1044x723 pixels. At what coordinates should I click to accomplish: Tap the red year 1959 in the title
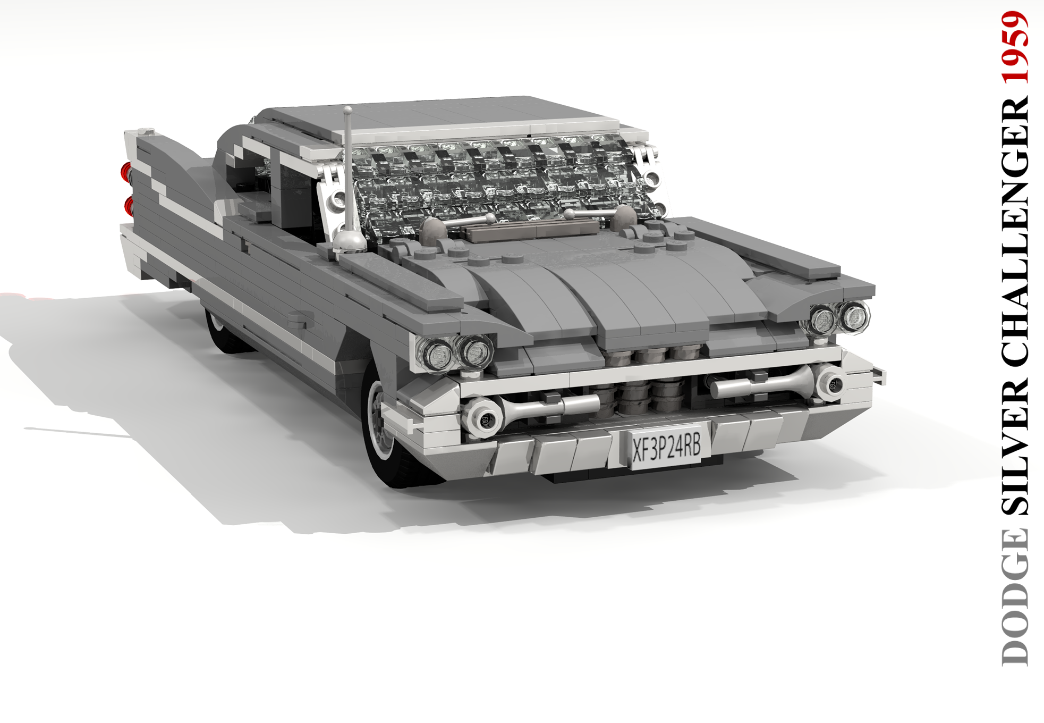pyautogui.click(x=1015, y=48)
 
